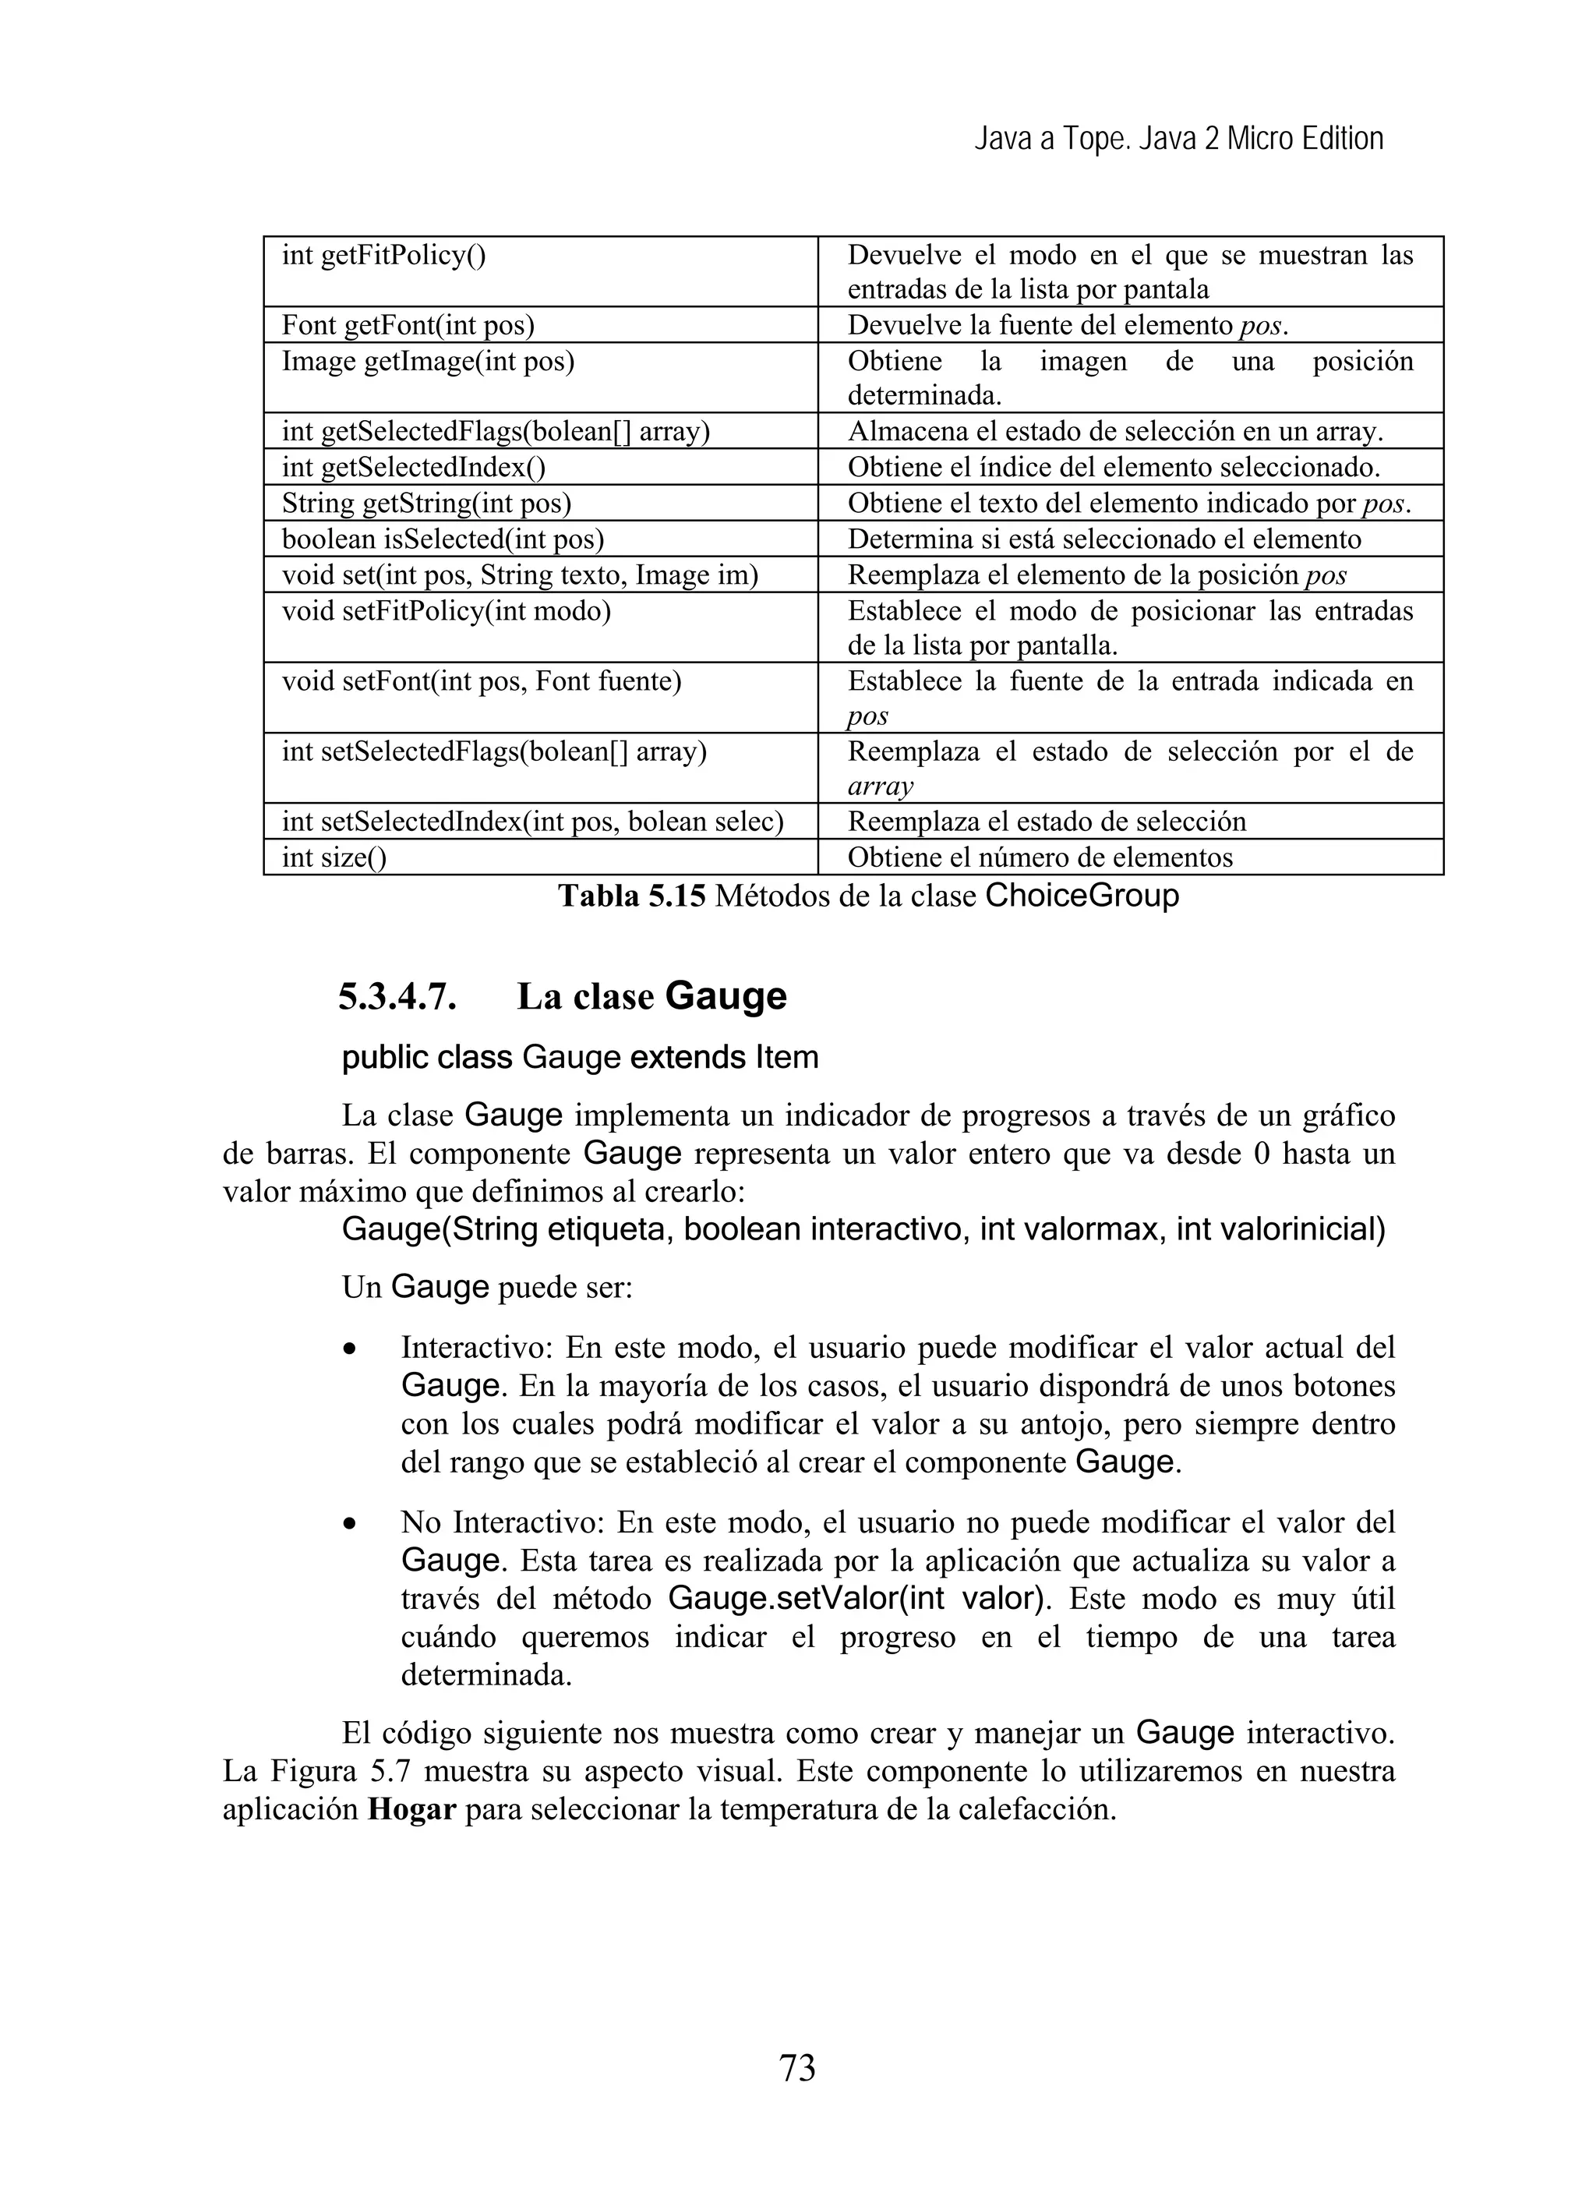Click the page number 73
pyautogui.click(x=796, y=2067)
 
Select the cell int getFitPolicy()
pyautogui.click(x=384, y=256)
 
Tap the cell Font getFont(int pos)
pyautogui.click(x=408, y=325)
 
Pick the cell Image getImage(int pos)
pyautogui.click(x=428, y=362)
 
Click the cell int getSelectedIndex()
pyautogui.click(x=413, y=467)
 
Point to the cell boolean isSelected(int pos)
pyautogui.click(x=443, y=539)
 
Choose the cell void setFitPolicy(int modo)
pyautogui.click(x=446, y=611)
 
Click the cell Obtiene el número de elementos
pyautogui.click(x=1040, y=857)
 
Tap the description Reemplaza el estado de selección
pyautogui.click(x=1047, y=821)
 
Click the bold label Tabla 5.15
pyautogui.click(x=631, y=896)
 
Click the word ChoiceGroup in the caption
pyautogui.click(x=1082, y=896)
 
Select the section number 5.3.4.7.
pyautogui.click(x=397, y=997)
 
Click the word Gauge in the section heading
pyautogui.click(x=726, y=997)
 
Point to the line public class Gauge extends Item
pyautogui.click(x=580, y=1057)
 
